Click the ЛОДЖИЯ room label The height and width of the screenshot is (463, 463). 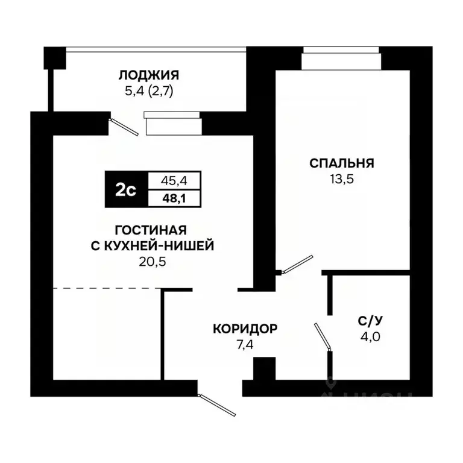[148, 75]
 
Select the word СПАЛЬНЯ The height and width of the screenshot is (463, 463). [342, 163]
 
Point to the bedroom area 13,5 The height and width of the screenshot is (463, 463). [341, 179]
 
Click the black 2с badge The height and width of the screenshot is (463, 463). [125, 190]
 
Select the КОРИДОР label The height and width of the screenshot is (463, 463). [245, 329]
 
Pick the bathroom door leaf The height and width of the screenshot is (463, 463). [322, 336]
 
